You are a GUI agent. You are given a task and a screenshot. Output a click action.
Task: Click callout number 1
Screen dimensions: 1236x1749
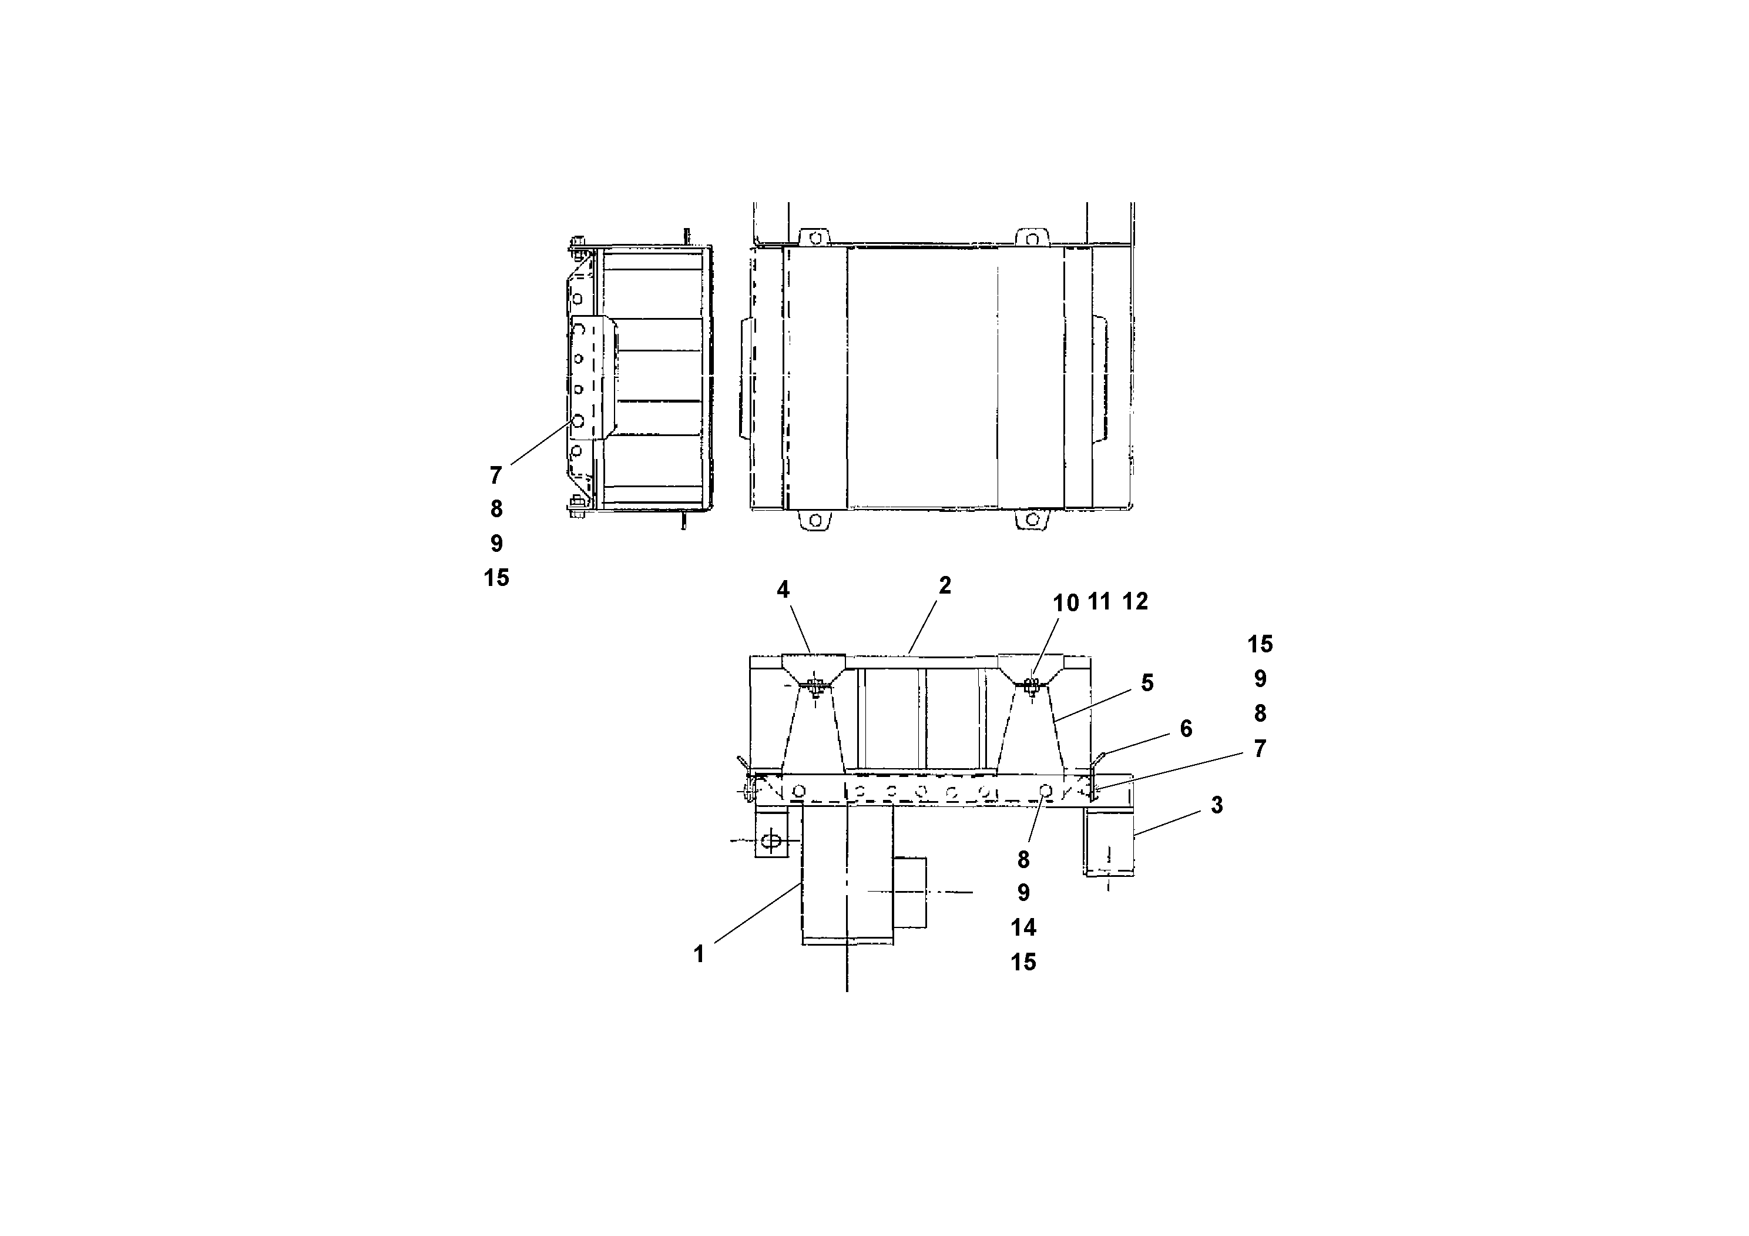(699, 954)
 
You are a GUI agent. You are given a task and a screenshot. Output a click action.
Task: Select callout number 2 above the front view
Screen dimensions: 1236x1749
(945, 585)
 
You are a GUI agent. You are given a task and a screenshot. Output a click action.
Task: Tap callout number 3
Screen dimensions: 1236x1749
(1217, 805)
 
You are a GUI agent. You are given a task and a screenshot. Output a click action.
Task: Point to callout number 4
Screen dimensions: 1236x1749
(783, 589)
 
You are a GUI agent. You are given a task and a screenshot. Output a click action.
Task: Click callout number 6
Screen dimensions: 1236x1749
(1186, 728)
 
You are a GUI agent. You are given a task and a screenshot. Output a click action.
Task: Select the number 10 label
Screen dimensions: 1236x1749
(1066, 603)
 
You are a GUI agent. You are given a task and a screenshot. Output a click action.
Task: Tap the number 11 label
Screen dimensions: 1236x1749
(1099, 602)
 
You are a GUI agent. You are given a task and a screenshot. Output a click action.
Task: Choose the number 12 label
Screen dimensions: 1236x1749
(1135, 602)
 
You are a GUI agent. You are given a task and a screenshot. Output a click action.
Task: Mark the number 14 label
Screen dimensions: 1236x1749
(1023, 927)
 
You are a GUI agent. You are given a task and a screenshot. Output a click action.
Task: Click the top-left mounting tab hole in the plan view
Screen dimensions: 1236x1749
(815, 237)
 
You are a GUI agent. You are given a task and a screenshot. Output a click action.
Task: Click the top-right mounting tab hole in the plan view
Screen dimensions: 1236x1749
(1032, 237)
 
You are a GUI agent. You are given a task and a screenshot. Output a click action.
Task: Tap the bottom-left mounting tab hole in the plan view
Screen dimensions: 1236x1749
(815, 521)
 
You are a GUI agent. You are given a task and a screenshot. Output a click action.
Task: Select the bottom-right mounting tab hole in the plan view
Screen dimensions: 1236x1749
(1032, 520)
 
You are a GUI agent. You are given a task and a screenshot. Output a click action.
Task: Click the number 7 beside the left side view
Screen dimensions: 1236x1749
(496, 475)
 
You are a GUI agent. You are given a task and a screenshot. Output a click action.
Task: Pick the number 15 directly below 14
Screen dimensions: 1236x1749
(1023, 962)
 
